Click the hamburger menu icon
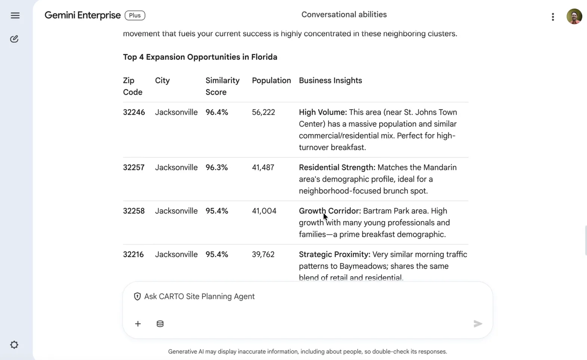coord(15,15)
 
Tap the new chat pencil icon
coord(14,39)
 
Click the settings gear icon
coord(14,345)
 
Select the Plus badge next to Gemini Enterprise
coord(135,15)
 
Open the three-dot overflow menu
coord(552,17)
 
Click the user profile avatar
coord(574,17)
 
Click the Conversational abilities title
coord(344,15)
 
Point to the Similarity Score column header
coord(222,86)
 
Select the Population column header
coord(271,80)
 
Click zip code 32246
coord(134,112)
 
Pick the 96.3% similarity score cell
coord(216,167)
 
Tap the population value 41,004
coord(264,211)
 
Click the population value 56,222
coord(263,112)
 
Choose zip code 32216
coord(133,255)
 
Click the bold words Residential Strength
coord(337,167)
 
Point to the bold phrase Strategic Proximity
coord(334,255)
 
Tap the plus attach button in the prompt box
coord(138,324)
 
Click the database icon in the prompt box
coord(160,324)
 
